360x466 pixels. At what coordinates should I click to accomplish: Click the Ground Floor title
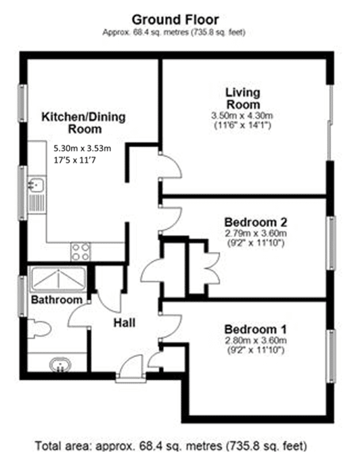pyautogui.click(x=175, y=20)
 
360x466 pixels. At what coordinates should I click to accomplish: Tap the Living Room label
pyautogui.click(x=243, y=98)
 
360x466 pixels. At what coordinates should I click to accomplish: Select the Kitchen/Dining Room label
pyautogui.click(x=83, y=123)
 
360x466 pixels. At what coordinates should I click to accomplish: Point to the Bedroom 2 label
pyautogui.click(x=255, y=222)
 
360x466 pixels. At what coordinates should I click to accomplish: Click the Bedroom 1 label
pyautogui.click(x=255, y=329)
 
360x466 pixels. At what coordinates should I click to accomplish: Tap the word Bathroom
pyautogui.click(x=56, y=299)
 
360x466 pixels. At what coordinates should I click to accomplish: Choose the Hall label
pyautogui.click(x=125, y=323)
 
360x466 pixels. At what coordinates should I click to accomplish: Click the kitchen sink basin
pyautogui.click(x=36, y=185)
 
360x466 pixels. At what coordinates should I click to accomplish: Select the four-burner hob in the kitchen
pyautogui.click(x=81, y=252)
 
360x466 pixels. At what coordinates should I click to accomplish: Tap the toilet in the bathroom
pyautogui.click(x=39, y=329)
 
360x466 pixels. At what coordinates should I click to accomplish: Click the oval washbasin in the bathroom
pyautogui.click(x=61, y=364)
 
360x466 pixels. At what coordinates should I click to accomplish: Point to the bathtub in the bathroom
pyautogui.click(x=58, y=279)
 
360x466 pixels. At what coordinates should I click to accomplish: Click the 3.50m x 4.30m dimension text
pyautogui.click(x=242, y=115)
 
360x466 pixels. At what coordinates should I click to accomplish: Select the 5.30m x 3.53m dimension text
pyautogui.click(x=83, y=148)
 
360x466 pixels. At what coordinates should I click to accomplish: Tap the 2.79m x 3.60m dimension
pyautogui.click(x=255, y=233)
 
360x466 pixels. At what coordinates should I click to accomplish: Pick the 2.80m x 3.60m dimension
pyautogui.click(x=255, y=340)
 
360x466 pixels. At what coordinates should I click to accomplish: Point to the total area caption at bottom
pyautogui.click(x=171, y=446)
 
